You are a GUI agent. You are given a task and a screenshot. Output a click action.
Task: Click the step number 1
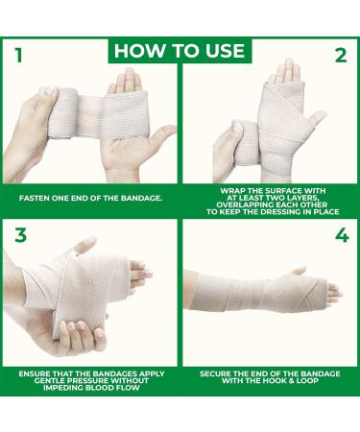tap(19, 56)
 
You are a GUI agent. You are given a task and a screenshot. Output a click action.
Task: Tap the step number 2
tap(341, 56)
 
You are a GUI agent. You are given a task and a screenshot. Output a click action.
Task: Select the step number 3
tap(20, 235)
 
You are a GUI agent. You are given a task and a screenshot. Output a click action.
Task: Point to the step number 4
tap(342, 236)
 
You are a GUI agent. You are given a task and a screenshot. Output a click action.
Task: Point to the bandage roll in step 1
tap(60, 112)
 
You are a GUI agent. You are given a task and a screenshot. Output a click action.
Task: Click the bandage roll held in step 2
tap(247, 142)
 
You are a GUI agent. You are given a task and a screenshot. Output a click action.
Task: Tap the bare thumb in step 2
tap(315, 117)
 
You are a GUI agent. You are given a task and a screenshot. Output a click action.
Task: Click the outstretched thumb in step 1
tap(160, 133)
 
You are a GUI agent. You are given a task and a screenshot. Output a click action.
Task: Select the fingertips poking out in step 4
tap(333, 291)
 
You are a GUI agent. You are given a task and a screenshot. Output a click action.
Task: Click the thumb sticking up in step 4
tap(300, 271)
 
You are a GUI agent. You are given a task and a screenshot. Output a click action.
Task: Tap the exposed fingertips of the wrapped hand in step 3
tap(140, 273)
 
